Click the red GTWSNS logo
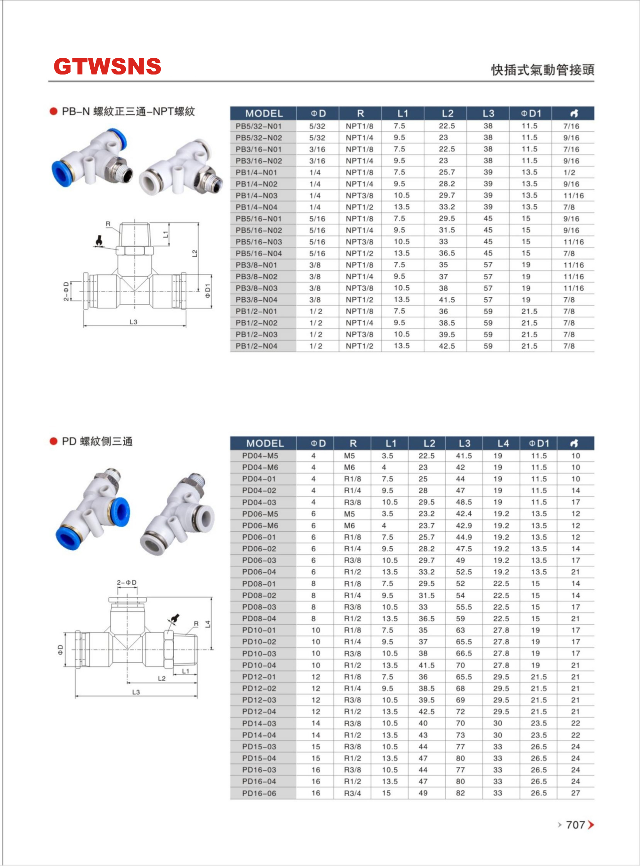[x=107, y=66]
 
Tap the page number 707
[x=575, y=824]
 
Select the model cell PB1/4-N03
[x=257, y=196]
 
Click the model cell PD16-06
[x=259, y=793]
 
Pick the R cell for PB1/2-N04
[x=359, y=346]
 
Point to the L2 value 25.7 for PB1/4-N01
[x=447, y=172]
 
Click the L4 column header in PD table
[x=502, y=443]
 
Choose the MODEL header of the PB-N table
[x=264, y=114]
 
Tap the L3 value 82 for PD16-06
[x=460, y=793]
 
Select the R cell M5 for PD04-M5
[x=349, y=456]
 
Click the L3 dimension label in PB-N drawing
[x=133, y=322]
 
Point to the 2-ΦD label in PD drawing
[x=127, y=583]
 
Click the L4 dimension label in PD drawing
[x=208, y=624]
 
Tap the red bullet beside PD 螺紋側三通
[x=54, y=441]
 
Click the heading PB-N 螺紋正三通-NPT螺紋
[x=128, y=112]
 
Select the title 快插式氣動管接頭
[x=542, y=70]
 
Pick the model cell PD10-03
[x=259, y=653]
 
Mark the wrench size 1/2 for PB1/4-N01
[x=569, y=172]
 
